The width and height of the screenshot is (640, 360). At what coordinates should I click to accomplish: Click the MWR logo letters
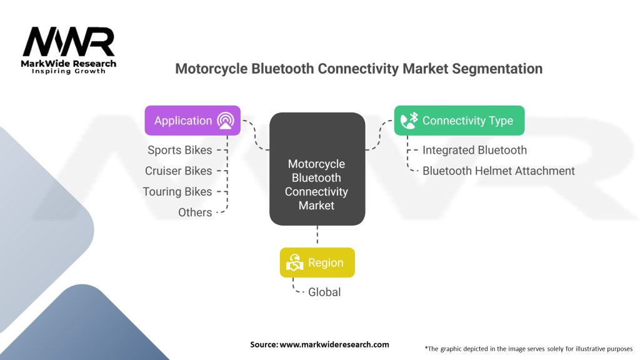[69, 42]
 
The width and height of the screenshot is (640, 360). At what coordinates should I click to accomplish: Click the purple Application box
[192, 121]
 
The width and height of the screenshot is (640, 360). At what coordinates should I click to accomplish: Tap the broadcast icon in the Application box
[226, 121]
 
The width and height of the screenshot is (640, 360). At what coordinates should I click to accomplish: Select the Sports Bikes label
[179, 150]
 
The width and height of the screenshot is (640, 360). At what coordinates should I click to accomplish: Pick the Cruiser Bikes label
[178, 171]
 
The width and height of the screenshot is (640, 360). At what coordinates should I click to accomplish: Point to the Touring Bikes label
[177, 191]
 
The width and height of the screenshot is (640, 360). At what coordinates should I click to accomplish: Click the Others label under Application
[195, 212]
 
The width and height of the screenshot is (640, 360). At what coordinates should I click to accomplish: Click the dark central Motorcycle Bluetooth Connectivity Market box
[317, 169]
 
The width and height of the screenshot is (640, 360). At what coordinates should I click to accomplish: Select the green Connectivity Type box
[459, 121]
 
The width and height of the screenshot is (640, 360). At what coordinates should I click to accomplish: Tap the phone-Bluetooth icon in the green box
[409, 121]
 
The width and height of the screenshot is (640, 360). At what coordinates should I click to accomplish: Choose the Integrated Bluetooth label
[474, 150]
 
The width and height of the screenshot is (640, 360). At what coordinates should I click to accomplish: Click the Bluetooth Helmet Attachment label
[498, 171]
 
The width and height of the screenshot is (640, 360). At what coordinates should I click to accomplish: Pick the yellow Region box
[317, 262]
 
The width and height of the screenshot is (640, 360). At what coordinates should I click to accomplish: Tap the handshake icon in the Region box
[295, 262]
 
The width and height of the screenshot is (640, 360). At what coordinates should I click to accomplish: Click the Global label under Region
[324, 292]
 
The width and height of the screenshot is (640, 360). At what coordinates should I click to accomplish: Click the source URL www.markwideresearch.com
[334, 344]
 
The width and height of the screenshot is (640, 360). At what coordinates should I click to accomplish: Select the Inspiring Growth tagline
[69, 71]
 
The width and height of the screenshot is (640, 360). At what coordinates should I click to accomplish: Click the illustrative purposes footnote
[529, 349]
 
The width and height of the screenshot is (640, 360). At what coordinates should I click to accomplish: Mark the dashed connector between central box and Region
[317, 235]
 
